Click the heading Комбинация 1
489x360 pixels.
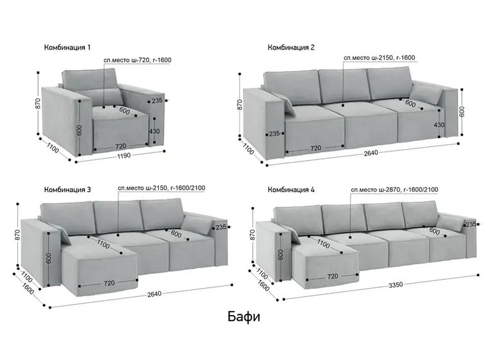(68, 48)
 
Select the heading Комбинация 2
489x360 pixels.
(291, 48)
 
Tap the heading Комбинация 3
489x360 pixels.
(68, 190)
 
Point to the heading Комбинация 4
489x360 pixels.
(291, 190)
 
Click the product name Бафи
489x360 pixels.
(244, 317)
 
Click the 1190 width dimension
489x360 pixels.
(124, 156)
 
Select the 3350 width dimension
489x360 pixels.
(396, 284)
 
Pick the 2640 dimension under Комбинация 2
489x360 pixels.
(371, 153)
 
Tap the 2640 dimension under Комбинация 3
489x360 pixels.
(154, 294)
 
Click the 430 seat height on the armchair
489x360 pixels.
(154, 131)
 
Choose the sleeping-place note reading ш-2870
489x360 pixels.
(394, 190)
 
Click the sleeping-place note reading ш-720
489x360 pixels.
(137, 60)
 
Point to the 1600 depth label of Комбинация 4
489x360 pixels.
(264, 285)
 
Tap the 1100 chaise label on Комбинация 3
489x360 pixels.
(103, 244)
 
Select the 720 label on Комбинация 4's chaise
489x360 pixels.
(333, 276)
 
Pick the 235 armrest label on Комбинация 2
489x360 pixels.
(274, 134)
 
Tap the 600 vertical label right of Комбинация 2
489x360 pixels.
(462, 111)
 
